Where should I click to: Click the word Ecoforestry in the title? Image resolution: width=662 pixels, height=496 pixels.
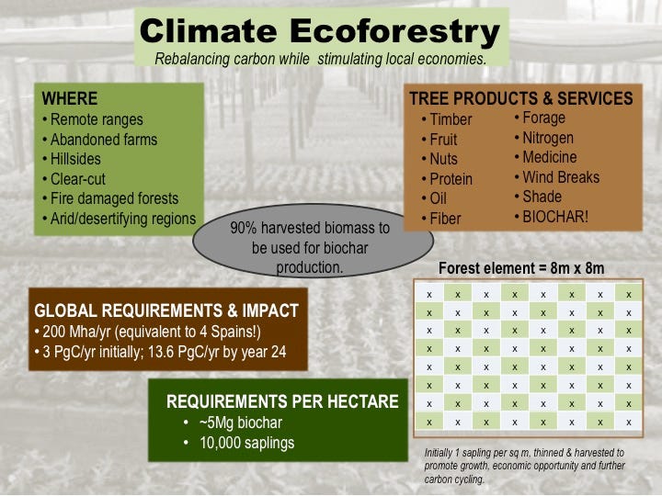click(x=394, y=32)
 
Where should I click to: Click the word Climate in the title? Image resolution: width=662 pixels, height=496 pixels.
click(x=208, y=31)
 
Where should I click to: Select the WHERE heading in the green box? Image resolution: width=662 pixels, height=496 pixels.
click(x=70, y=98)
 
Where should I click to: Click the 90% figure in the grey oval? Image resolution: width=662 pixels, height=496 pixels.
click(x=244, y=228)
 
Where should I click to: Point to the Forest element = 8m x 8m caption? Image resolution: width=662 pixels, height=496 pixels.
click(x=521, y=268)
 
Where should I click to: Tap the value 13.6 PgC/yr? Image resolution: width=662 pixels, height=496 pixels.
click(x=183, y=352)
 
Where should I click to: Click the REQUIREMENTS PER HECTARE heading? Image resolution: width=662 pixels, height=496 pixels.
click(x=282, y=401)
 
